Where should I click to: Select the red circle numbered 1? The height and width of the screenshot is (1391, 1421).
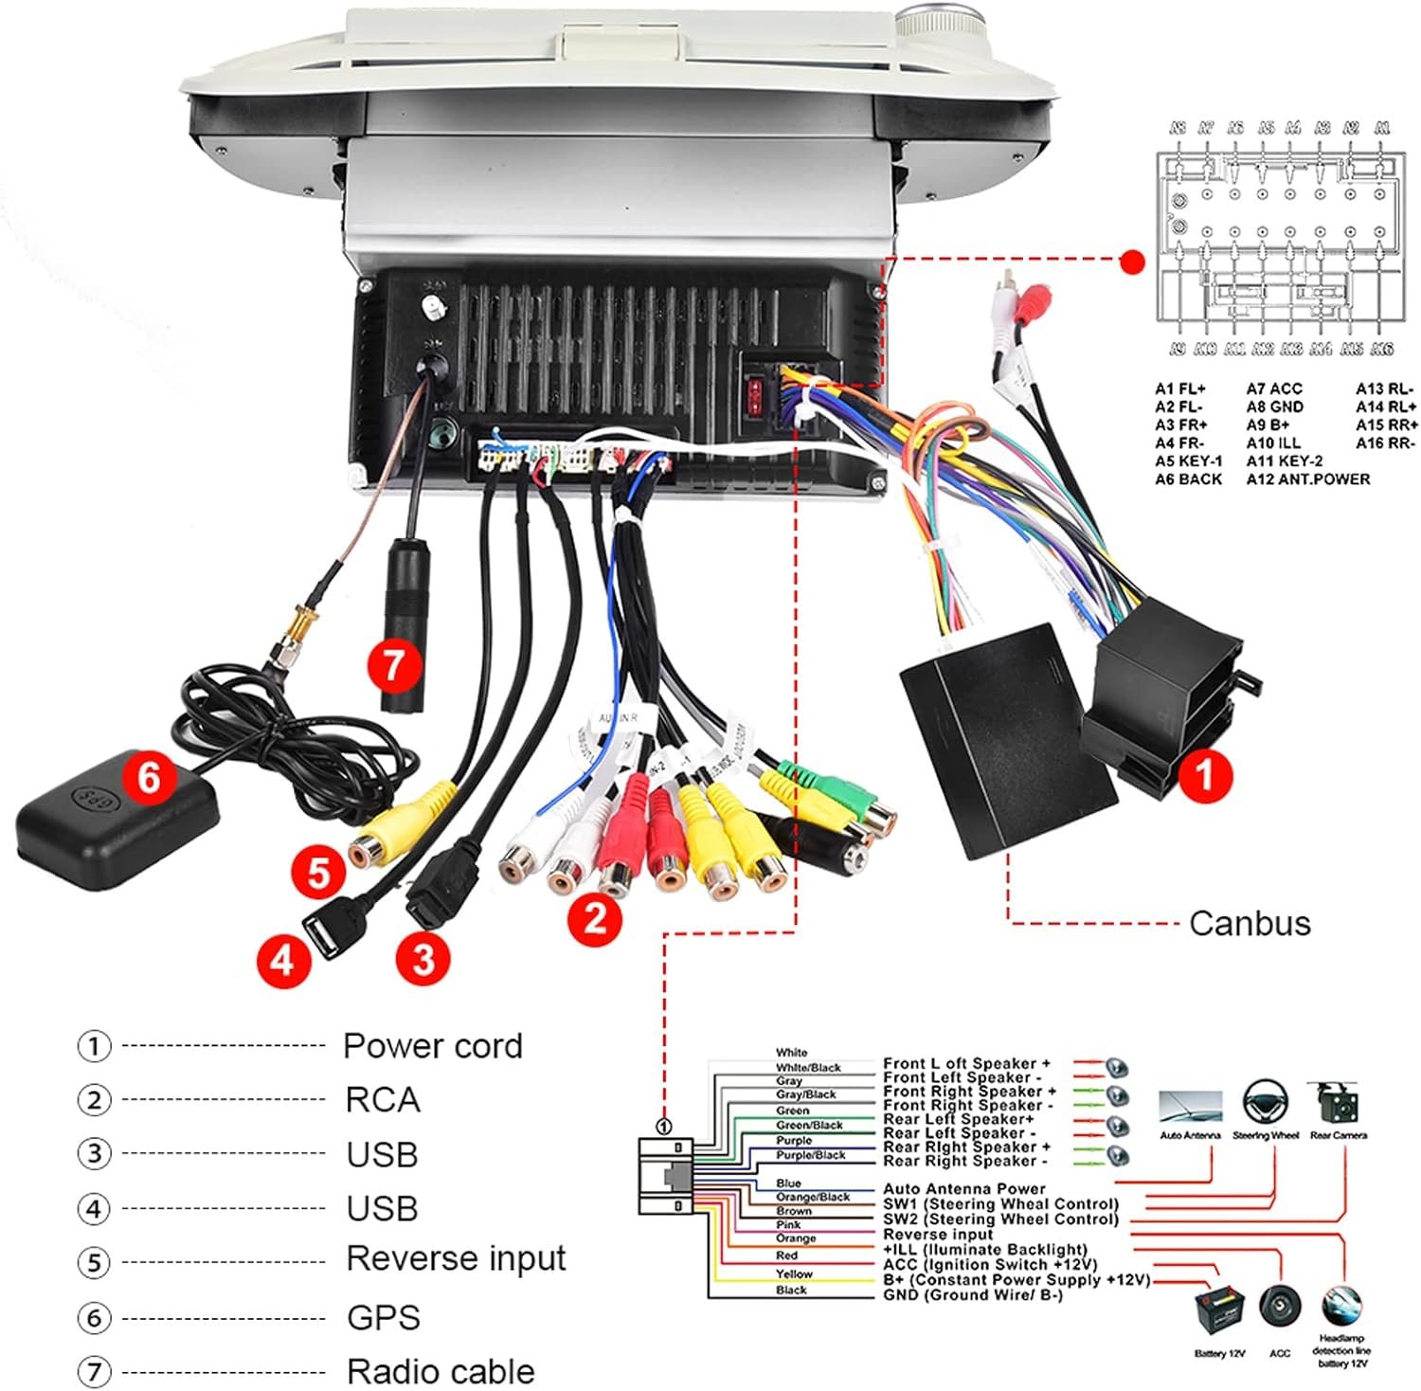click(x=1203, y=774)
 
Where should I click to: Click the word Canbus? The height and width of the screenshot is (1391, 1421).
click(x=1250, y=923)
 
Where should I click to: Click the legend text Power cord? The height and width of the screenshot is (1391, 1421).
click(x=432, y=1046)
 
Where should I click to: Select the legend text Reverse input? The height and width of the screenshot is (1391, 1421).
click(x=456, y=1259)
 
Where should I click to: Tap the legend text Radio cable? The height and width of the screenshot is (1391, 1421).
click(x=441, y=1371)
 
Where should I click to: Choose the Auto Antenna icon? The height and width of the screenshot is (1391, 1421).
click(x=1190, y=1106)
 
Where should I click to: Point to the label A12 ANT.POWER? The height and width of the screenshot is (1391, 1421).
click(x=1307, y=479)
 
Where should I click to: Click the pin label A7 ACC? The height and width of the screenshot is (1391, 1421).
click(x=1274, y=388)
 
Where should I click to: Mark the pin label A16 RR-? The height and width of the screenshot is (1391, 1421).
click(x=1385, y=443)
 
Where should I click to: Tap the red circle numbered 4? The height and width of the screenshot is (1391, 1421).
click(x=282, y=961)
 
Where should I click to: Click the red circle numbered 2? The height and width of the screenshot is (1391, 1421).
click(x=595, y=918)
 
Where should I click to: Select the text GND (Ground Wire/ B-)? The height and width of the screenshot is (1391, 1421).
click(x=973, y=1295)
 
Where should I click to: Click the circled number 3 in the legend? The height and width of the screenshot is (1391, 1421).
click(x=94, y=1154)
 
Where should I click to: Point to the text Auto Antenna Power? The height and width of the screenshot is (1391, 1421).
click(x=963, y=1188)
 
